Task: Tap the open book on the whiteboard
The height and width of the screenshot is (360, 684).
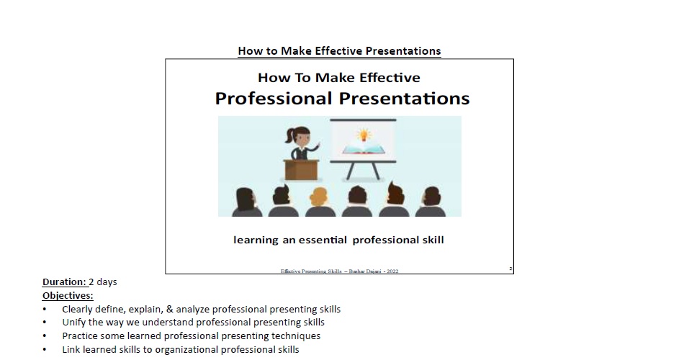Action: coord(363,149)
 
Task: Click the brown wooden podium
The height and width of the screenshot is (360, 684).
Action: coord(301,168)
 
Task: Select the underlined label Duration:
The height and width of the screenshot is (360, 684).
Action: coord(64,282)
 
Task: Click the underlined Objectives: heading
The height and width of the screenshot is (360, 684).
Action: coord(68,295)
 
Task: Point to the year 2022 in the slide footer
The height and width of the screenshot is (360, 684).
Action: coord(392,271)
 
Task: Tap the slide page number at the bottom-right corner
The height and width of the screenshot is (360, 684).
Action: coord(510,269)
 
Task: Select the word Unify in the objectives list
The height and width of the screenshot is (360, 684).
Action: coord(73,323)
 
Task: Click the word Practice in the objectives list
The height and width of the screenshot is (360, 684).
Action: coord(80,336)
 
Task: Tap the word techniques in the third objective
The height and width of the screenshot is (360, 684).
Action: coord(297,336)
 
